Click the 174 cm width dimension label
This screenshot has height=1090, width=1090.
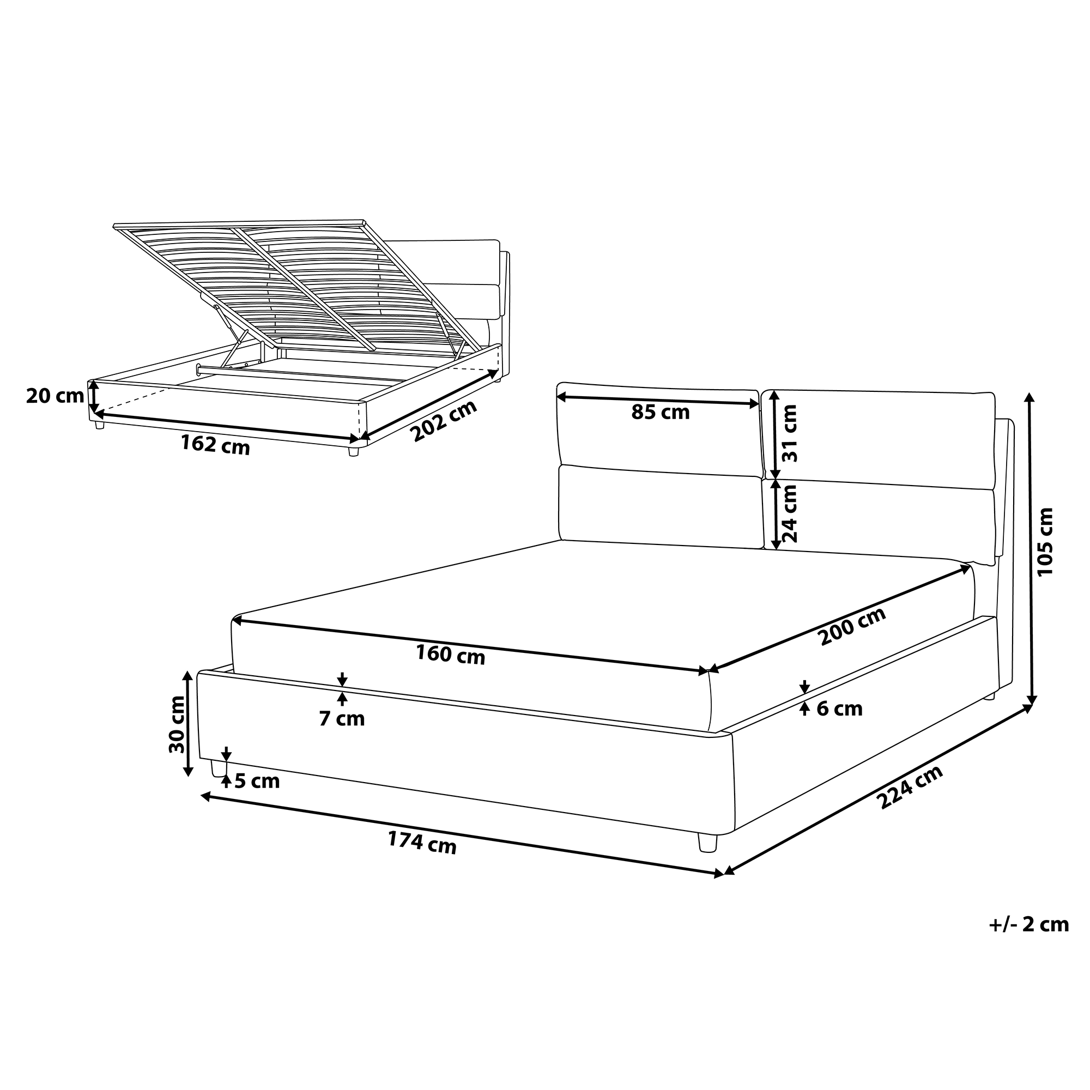pos(421,844)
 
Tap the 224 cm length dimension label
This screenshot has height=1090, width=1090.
pos(910,788)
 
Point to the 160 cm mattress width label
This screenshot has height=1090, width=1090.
pos(450,655)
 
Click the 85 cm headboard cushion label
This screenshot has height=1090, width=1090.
pos(660,413)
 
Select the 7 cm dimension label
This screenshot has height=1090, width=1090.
pos(342,719)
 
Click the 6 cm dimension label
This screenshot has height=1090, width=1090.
pos(839,709)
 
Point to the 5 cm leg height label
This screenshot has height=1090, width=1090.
pos(257,781)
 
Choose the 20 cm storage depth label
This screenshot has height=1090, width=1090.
pos(55,396)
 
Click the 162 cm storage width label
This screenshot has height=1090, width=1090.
pos(215,445)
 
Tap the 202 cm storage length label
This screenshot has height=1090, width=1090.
pos(444,421)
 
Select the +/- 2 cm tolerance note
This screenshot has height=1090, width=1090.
pos(1028,924)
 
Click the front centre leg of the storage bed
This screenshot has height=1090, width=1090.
pos(354,451)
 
